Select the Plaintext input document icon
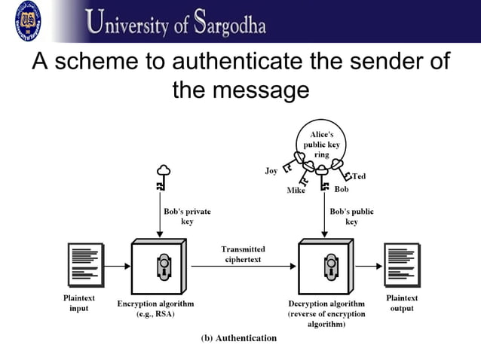[85, 265]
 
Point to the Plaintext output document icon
[401, 265]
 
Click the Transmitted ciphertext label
[243, 255]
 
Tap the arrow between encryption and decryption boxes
[243, 266]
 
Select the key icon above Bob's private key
[161, 178]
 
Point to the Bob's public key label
[351, 216]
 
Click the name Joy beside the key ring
[271, 171]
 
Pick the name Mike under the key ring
[296, 191]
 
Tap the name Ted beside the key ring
[360, 176]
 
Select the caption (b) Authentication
[238, 337]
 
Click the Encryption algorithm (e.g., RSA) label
[156, 309]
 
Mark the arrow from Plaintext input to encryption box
[117, 266]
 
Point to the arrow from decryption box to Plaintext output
[369, 266]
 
